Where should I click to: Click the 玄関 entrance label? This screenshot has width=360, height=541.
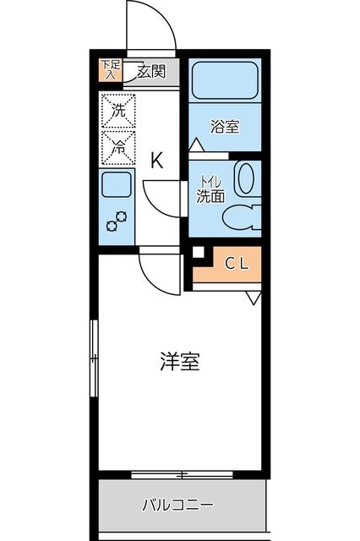[x=154, y=71]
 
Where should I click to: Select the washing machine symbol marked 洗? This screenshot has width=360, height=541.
[x=117, y=109]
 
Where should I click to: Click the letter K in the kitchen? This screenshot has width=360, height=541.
[x=157, y=161]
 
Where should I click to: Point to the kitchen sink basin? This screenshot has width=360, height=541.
[x=117, y=185]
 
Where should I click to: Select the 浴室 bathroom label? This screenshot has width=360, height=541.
[x=225, y=128]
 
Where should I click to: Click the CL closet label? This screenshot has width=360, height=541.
[x=236, y=263]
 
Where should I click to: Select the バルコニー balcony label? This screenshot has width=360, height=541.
[x=177, y=507]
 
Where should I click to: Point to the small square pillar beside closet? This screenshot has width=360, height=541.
[x=198, y=253]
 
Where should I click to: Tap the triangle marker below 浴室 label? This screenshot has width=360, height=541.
[x=196, y=146]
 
